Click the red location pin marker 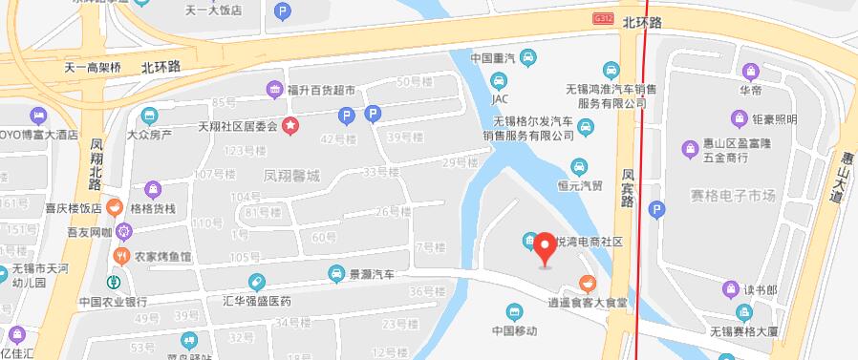pyautogui.click(x=546, y=247)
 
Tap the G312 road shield pyautogui.click(x=603, y=18)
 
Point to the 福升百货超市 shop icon pyautogui.click(x=274, y=90)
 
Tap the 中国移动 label pyautogui.click(x=515, y=330)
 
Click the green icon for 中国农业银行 pyautogui.click(x=112, y=282)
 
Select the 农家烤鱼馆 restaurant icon pyautogui.click(x=121, y=256)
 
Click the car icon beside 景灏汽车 pyautogui.click(x=336, y=274)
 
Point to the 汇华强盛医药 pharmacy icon pyautogui.click(x=255, y=281)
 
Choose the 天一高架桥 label pyautogui.click(x=93, y=68)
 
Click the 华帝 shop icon pyautogui.click(x=751, y=70)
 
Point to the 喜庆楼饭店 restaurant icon pyautogui.click(x=114, y=205)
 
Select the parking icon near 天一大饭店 pyautogui.click(x=282, y=11)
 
